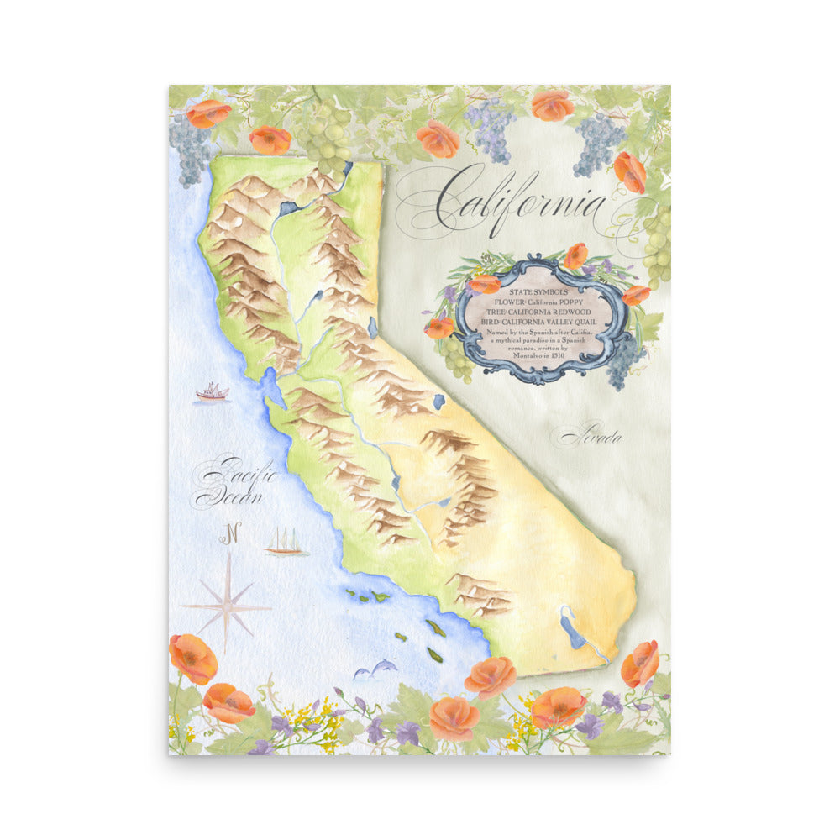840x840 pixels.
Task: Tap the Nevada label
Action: [592, 437]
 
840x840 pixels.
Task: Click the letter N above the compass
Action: [231, 532]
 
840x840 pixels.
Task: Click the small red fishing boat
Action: [212, 391]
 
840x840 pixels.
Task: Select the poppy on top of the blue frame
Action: [575, 255]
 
